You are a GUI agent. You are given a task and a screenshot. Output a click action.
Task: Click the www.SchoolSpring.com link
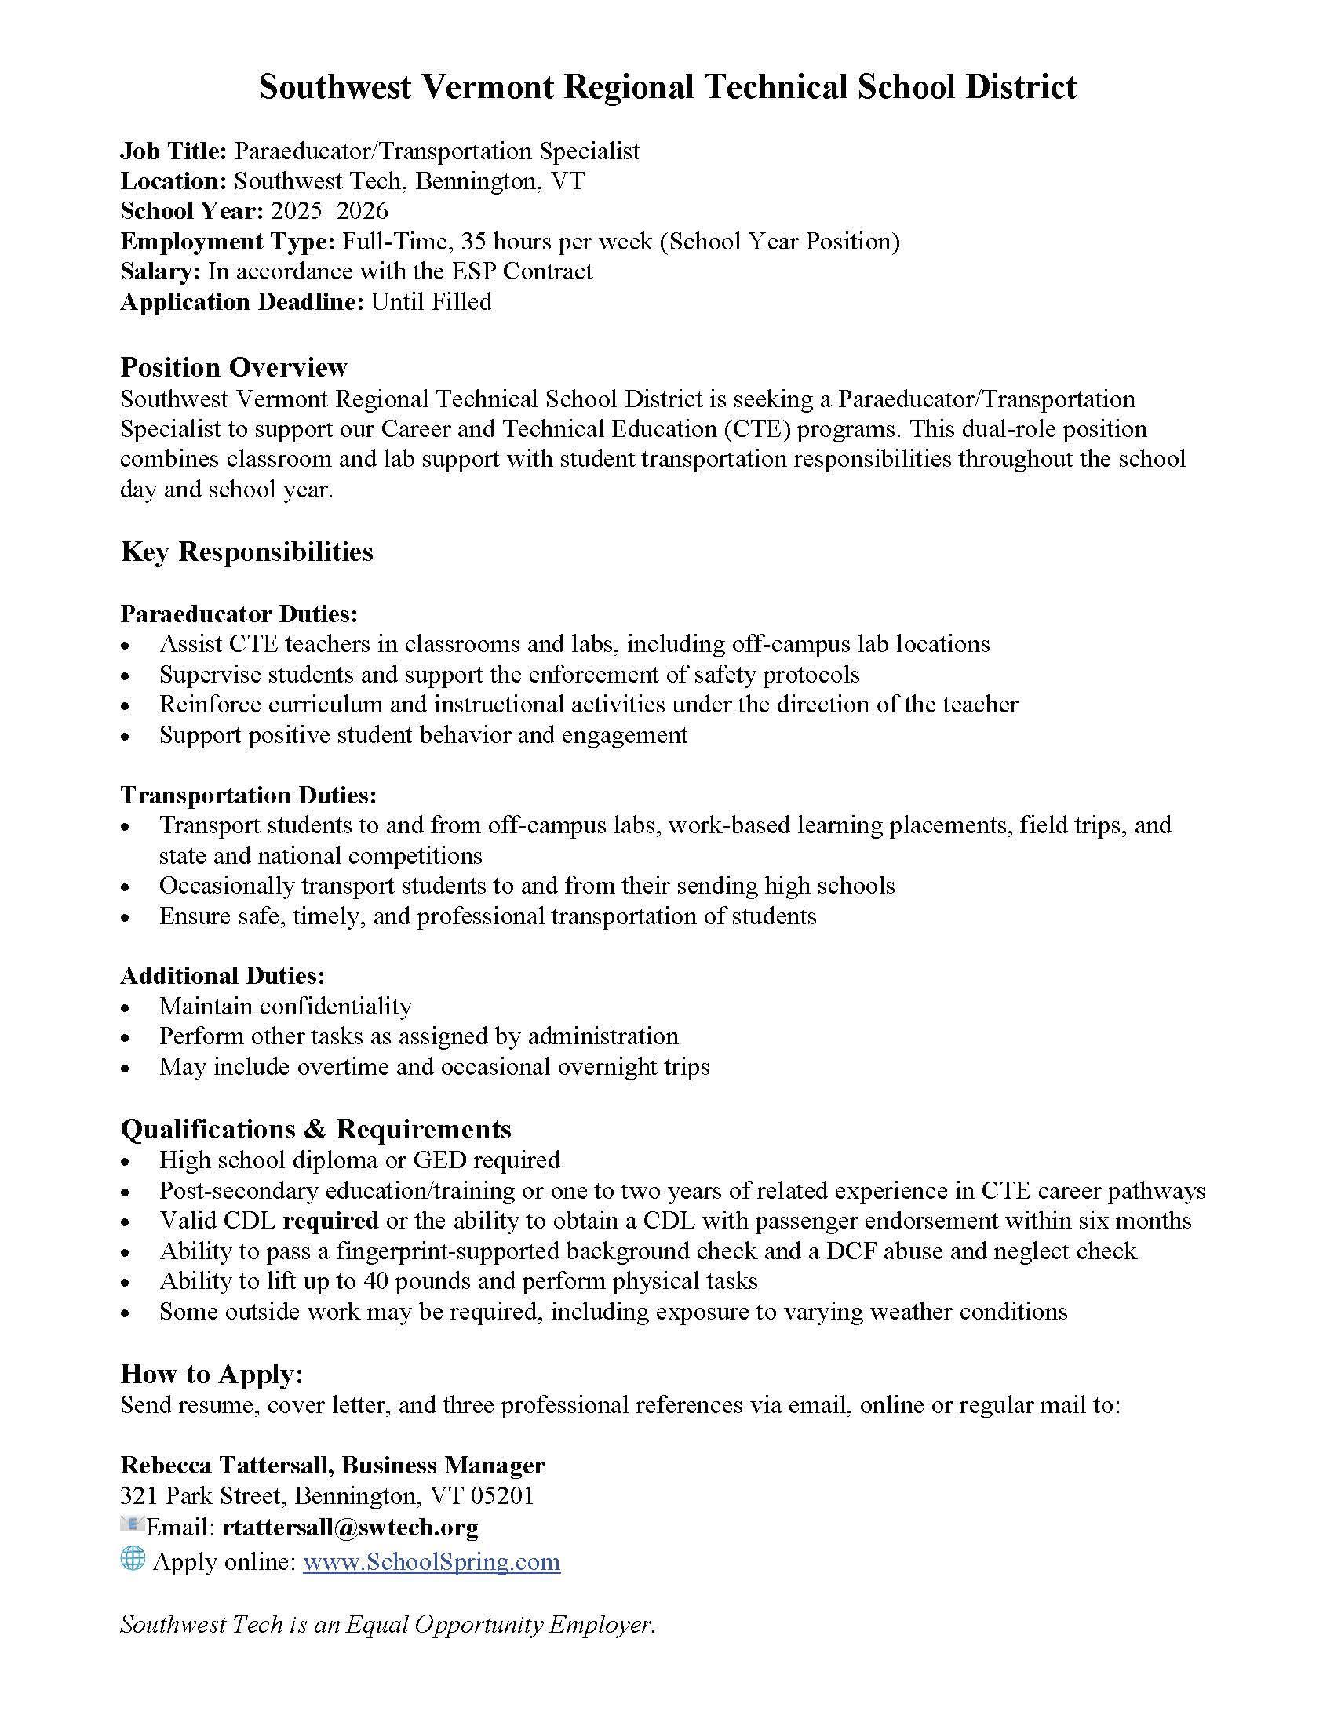432,1561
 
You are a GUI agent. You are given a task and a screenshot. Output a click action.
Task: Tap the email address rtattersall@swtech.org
350,1527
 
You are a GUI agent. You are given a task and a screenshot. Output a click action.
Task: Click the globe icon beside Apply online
133,1557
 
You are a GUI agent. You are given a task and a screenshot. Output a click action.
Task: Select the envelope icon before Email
130,1524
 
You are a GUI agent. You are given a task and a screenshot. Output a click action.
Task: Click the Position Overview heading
233,366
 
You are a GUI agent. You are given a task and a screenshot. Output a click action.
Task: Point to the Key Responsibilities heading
246,551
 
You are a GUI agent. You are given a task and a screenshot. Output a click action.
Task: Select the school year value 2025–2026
329,211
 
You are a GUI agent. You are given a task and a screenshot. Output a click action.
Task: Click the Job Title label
174,151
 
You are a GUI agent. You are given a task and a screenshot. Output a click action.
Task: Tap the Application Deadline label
242,301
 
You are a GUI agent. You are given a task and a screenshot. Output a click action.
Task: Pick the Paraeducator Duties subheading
239,614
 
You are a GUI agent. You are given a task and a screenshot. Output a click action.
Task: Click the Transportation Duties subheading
248,794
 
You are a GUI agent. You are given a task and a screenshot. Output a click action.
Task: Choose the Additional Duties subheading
222,975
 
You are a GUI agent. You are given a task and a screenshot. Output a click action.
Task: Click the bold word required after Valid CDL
330,1220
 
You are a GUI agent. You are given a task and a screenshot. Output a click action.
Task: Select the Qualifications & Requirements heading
315,1128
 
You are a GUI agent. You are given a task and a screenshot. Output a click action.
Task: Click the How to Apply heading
211,1374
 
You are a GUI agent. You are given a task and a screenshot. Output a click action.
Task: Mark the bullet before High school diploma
126,1162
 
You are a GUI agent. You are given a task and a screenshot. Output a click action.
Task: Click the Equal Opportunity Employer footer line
387,1625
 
